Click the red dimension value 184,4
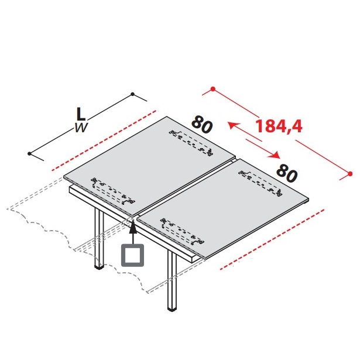click(279, 126)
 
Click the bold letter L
click(81, 114)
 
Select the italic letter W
click(81, 128)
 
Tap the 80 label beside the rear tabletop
click(202, 125)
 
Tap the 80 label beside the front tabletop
click(287, 174)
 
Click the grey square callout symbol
click(132, 255)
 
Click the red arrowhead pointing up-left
click(232, 126)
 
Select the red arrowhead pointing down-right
click(275, 155)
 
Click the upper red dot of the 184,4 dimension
click(213, 89)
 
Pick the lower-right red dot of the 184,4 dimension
click(350, 174)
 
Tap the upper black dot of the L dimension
click(132, 94)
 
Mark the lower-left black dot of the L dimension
click(29, 153)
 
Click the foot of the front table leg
click(172, 309)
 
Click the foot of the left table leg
click(99, 266)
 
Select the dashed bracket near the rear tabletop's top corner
click(191, 143)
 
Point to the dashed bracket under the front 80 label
click(260, 183)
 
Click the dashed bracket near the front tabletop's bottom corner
click(182, 231)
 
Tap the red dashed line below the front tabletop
click(272, 239)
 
